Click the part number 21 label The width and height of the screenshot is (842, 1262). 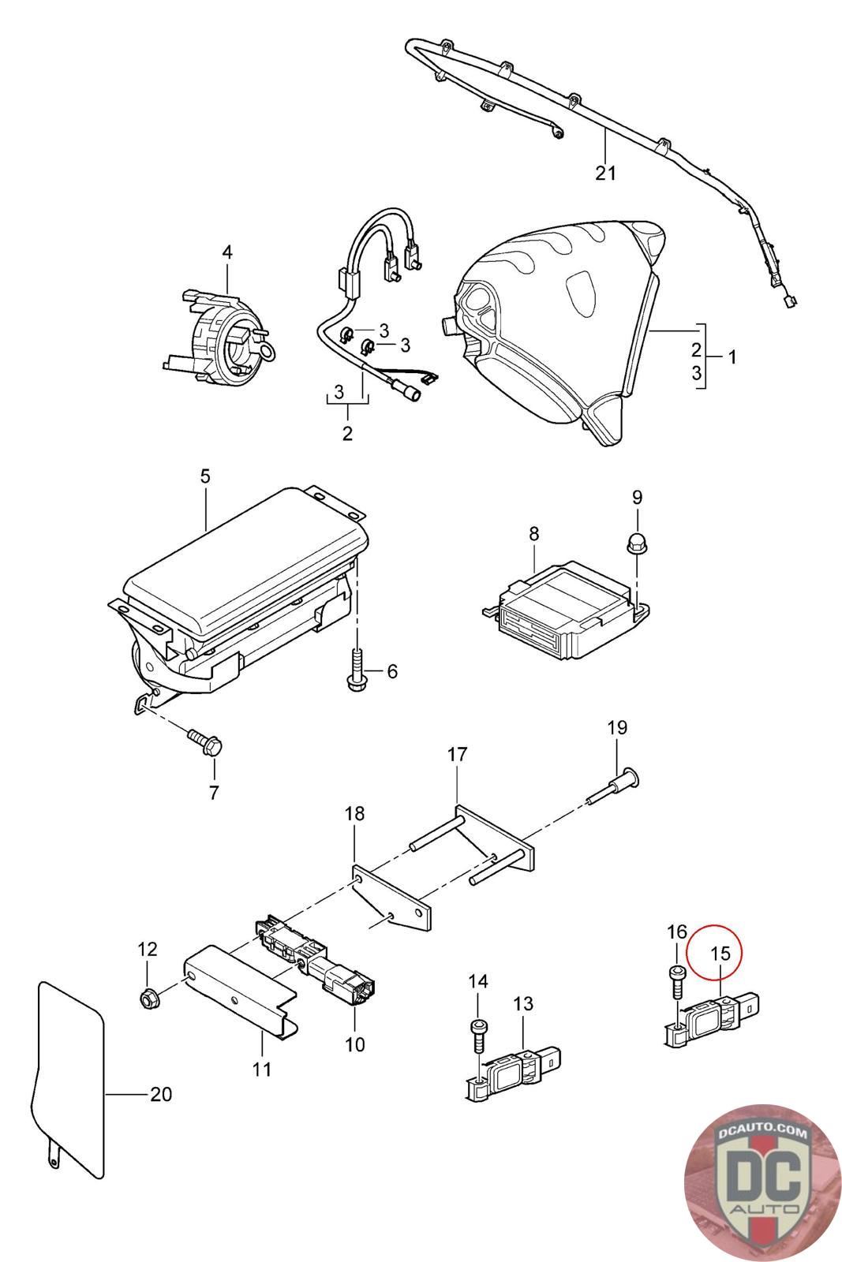605,172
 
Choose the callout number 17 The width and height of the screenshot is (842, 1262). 457,755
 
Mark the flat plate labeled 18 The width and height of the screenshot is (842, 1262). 392,898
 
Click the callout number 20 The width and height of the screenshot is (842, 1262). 160,1094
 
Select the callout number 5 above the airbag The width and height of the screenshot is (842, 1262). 205,476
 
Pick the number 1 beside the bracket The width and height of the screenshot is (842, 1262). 732,357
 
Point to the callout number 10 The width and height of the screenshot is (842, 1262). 355,1044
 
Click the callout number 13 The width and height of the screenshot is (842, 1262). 523,1004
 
